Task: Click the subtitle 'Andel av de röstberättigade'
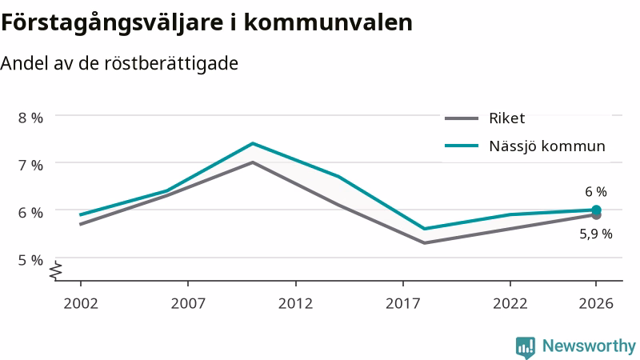click(119, 64)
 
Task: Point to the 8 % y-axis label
click(30, 118)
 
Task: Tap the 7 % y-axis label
click(30, 166)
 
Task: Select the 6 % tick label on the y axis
click(30, 213)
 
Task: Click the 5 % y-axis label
click(30, 260)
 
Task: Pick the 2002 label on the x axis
click(81, 303)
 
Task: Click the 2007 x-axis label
click(188, 303)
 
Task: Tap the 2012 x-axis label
click(295, 303)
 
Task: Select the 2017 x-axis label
click(403, 303)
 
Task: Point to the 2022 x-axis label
click(510, 303)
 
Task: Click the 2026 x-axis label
click(596, 303)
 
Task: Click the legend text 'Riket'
click(507, 118)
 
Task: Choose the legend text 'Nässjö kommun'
click(547, 146)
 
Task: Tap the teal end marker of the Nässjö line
click(596, 210)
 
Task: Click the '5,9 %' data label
click(596, 234)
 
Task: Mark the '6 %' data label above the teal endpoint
click(596, 191)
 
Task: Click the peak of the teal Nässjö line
click(253, 143)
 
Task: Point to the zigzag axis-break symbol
click(56, 270)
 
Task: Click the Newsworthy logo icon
click(526, 347)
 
